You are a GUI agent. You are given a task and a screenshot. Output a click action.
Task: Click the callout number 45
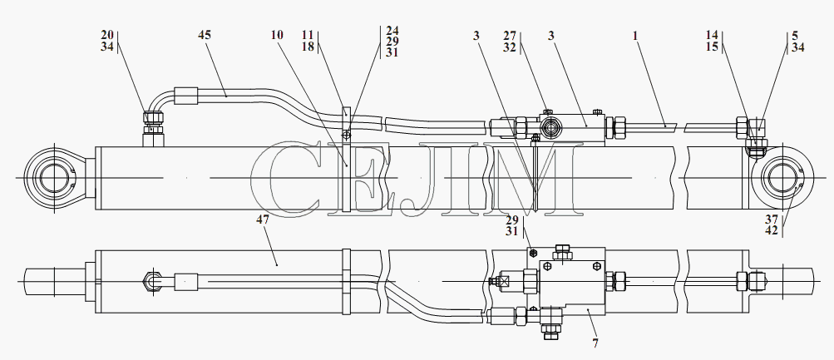(x=205, y=35)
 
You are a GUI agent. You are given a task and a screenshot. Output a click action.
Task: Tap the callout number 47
(x=263, y=219)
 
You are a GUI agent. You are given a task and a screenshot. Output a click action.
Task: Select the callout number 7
(x=595, y=343)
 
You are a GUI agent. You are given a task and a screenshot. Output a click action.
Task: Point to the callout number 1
(x=635, y=36)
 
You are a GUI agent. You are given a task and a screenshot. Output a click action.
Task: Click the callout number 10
(x=277, y=35)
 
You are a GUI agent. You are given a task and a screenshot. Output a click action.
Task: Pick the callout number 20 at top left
(x=107, y=35)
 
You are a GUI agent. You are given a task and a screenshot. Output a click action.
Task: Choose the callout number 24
(x=392, y=30)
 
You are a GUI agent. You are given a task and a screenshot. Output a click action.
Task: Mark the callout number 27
(x=510, y=36)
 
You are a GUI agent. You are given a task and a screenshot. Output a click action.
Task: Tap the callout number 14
(x=712, y=35)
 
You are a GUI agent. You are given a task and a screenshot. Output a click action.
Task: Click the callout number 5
(x=795, y=36)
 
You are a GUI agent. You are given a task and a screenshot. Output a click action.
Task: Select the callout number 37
(x=772, y=220)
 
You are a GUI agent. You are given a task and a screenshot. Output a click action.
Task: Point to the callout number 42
(x=772, y=230)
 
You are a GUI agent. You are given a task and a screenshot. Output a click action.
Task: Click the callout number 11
(x=307, y=35)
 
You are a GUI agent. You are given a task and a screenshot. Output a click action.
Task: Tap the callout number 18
(x=307, y=46)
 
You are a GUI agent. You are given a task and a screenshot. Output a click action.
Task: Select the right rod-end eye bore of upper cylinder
(x=782, y=178)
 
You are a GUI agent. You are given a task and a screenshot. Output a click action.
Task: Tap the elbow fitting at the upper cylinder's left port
(x=153, y=121)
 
